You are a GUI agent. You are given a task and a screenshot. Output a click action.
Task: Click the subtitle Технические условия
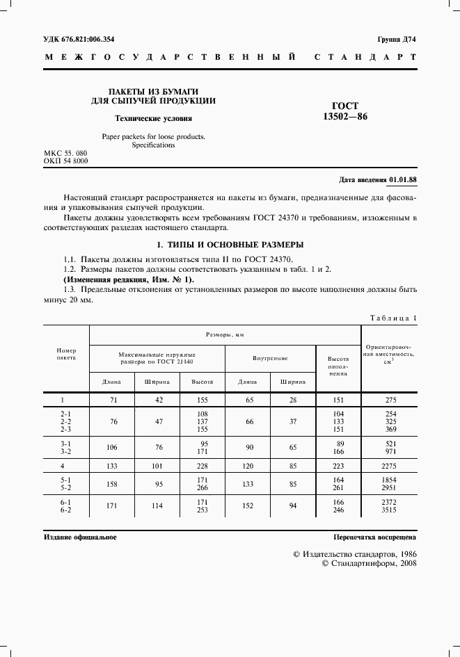153,118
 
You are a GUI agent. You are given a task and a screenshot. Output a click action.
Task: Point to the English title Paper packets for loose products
153,137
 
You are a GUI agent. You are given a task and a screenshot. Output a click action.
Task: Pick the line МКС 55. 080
65,152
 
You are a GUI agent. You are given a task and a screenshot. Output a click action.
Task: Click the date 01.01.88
403,179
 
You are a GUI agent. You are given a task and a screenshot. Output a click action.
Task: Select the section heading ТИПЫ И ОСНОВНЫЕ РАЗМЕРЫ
230,245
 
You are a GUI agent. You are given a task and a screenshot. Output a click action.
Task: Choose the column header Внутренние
270,357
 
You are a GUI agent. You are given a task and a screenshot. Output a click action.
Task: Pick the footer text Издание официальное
80,537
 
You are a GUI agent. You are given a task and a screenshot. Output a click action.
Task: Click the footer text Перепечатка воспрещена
374,537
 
